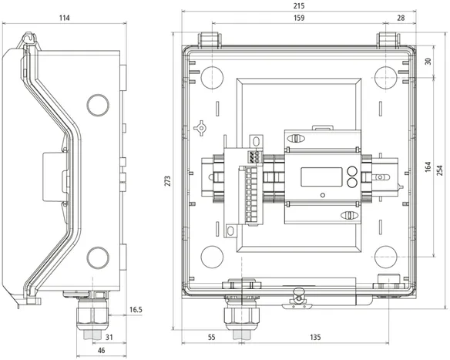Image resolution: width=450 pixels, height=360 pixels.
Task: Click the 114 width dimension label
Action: pyautogui.click(x=64, y=18)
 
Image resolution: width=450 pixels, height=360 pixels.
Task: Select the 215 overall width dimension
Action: pyautogui.click(x=299, y=5)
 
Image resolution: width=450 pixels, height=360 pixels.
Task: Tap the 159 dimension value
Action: pyautogui.click(x=299, y=18)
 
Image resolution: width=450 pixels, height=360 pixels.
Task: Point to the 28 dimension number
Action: pyautogui.click(x=401, y=18)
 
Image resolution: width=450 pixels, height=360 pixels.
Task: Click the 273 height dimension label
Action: pyautogui.click(x=168, y=181)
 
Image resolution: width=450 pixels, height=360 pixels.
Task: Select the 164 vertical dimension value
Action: pyautogui.click(x=428, y=167)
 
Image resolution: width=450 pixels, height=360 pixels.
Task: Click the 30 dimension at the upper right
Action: pyautogui.click(x=428, y=62)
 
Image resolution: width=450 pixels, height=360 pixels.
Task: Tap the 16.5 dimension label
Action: pyautogui.click(x=136, y=310)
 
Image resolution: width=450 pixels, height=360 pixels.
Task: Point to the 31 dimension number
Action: pyautogui.click(x=109, y=337)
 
